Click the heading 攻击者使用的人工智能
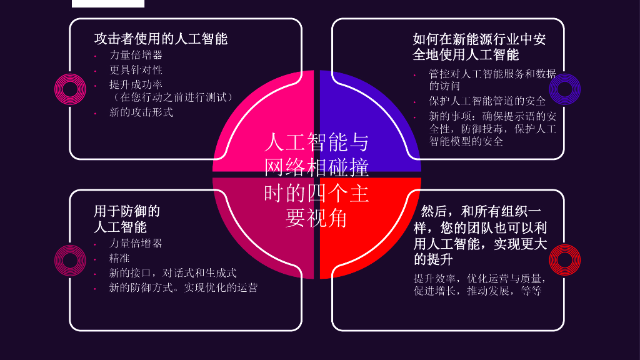point(161,39)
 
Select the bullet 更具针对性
point(136,69)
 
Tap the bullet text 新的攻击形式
point(141,112)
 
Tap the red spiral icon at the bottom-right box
point(564,260)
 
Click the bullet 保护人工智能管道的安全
point(487,101)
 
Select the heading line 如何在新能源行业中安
point(479,39)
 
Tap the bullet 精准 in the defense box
point(120,257)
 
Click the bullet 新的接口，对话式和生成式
point(173,272)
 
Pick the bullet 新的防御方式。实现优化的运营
point(183,287)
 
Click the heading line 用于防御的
point(127,211)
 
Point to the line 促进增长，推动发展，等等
point(477,291)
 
